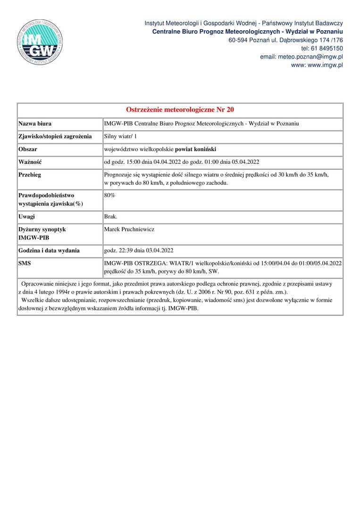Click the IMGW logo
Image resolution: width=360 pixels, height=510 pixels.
pos(40,42)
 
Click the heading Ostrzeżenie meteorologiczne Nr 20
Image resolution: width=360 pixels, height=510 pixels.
pos(180,110)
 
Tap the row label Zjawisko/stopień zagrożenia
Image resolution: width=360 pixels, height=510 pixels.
pos(55,136)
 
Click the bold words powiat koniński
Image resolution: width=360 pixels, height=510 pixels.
pos(195,149)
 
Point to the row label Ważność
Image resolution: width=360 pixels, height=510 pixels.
pos(30,162)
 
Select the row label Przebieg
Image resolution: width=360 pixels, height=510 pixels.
pos(30,175)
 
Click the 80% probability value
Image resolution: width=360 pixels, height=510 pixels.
pos(109,195)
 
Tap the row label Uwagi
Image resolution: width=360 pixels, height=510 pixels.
pos(27,217)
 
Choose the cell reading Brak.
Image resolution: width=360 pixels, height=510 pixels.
pos(111,217)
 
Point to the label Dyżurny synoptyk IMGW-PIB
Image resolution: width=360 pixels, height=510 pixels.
pos(42,233)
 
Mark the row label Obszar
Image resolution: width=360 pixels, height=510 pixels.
pos(28,149)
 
